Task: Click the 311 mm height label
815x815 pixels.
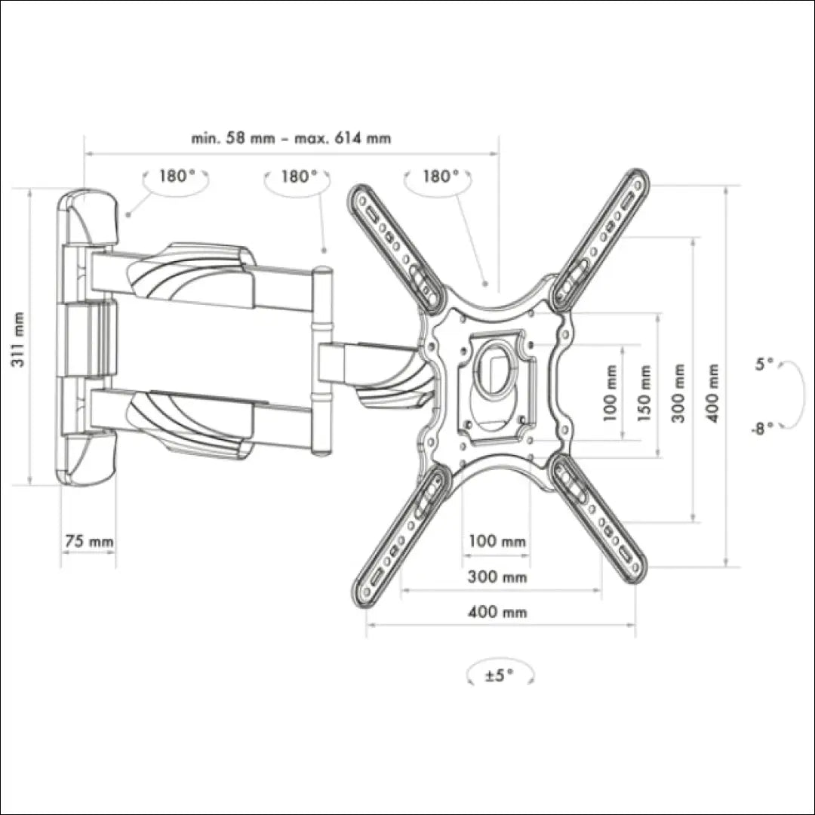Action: click(17, 340)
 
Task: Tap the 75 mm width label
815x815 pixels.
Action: click(89, 541)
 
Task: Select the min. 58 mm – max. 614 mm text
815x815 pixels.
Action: click(291, 138)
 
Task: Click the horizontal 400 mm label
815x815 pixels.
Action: click(497, 612)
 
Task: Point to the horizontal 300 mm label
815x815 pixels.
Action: click(497, 577)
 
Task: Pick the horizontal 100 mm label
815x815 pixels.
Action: click(497, 541)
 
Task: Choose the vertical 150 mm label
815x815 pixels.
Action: click(644, 393)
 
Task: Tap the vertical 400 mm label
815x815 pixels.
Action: click(713, 393)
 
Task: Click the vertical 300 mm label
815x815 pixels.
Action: click(678, 393)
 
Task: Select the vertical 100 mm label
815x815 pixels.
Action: click(610, 393)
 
